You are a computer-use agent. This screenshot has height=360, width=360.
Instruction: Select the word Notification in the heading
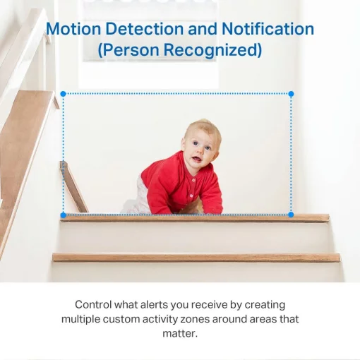click(x=268, y=30)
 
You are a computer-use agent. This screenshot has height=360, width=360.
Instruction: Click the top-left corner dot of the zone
click(x=63, y=93)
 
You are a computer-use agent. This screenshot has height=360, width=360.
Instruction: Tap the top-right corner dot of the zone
click(x=291, y=93)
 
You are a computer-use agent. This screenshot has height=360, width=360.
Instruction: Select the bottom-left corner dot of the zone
click(x=63, y=215)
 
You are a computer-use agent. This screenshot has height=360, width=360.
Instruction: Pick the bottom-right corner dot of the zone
click(x=291, y=215)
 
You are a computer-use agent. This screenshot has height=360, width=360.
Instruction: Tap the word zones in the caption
click(x=211, y=319)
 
